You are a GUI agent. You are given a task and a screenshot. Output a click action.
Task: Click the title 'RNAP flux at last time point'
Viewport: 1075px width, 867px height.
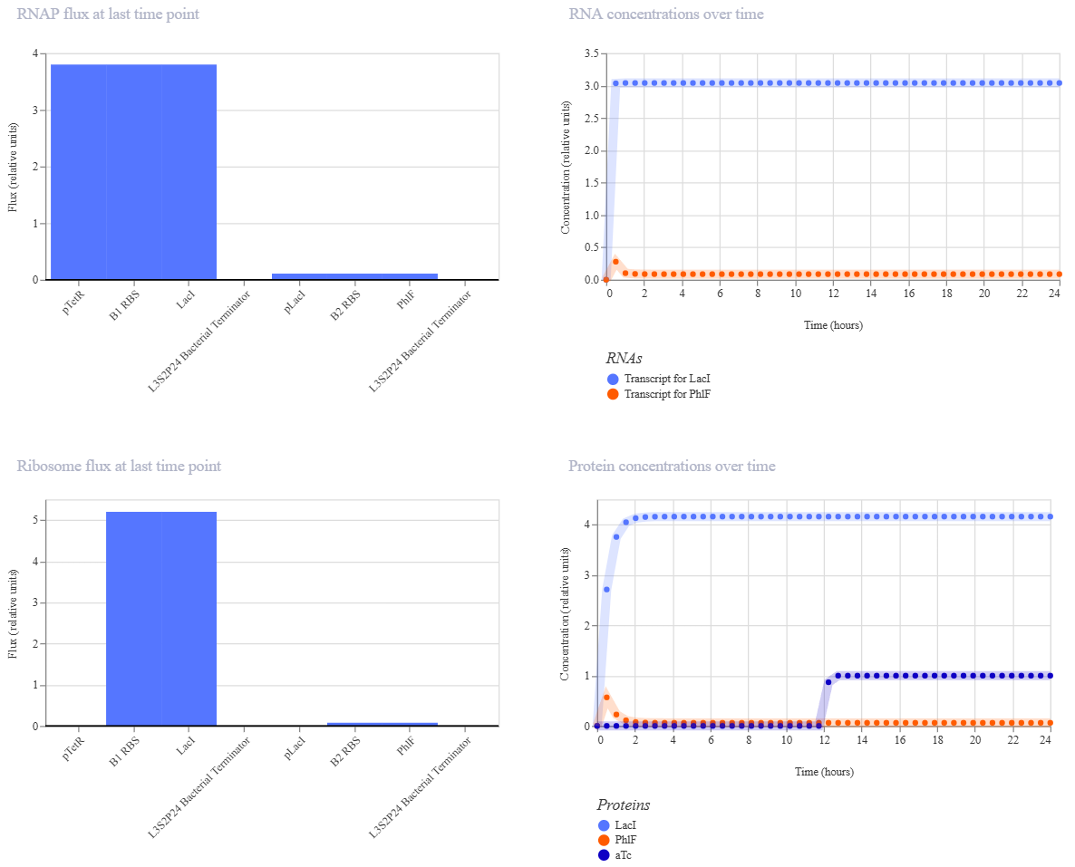(108, 14)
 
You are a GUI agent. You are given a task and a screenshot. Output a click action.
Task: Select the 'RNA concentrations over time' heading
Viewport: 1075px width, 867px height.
(665, 14)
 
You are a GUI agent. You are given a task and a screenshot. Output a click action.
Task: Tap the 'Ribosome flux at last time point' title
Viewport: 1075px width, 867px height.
(119, 466)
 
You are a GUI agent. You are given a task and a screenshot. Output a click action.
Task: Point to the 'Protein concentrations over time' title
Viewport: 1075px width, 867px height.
(672, 466)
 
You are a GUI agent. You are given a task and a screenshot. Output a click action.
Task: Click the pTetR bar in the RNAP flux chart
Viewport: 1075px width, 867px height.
(79, 172)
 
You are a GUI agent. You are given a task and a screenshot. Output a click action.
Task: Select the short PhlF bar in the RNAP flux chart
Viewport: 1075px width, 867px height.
(410, 277)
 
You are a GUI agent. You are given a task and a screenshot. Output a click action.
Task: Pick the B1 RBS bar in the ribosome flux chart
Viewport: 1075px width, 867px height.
(133, 619)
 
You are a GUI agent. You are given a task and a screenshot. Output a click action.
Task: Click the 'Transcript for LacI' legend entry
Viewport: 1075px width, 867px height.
(659, 379)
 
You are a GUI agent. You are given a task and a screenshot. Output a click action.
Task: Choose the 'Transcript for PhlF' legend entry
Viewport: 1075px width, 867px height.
(659, 394)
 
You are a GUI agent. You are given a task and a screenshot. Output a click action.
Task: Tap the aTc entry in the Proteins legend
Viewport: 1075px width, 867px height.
(615, 855)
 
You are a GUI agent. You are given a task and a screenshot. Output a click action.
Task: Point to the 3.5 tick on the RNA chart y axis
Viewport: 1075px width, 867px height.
(591, 53)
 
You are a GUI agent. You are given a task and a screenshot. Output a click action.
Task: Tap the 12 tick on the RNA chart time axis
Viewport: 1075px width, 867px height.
(834, 294)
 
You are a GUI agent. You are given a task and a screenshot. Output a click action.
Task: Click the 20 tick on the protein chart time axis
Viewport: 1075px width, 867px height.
(975, 740)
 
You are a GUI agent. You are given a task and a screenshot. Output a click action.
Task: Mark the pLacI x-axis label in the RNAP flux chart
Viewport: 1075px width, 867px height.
(295, 302)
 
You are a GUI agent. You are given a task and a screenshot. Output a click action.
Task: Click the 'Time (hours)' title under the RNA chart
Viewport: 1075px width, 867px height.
(834, 325)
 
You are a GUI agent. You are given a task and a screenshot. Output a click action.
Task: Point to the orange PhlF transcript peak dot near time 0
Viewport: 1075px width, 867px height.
(615, 262)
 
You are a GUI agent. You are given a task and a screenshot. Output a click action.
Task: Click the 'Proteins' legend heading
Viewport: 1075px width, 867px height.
(624, 804)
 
